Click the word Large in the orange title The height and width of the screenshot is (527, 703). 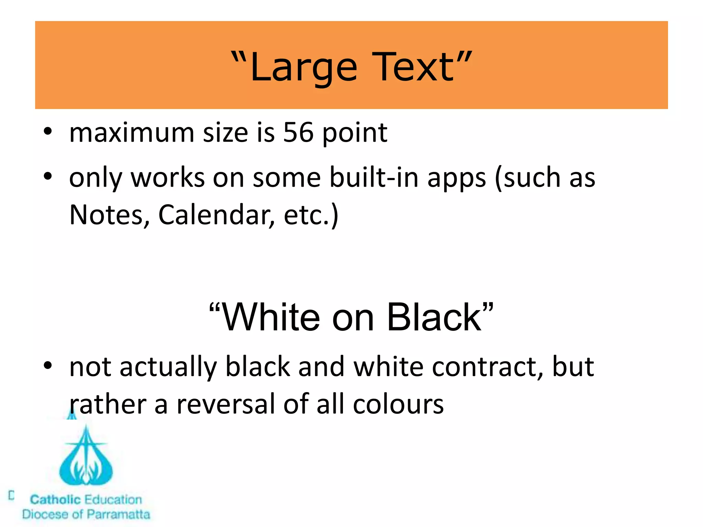point(304,68)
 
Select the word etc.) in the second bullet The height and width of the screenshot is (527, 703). point(311,215)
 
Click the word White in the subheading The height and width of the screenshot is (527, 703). point(271,317)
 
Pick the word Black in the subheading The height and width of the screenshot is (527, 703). point(435,317)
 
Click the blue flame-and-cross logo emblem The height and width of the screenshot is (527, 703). point(86,455)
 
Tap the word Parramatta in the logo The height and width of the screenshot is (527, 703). point(118,514)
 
